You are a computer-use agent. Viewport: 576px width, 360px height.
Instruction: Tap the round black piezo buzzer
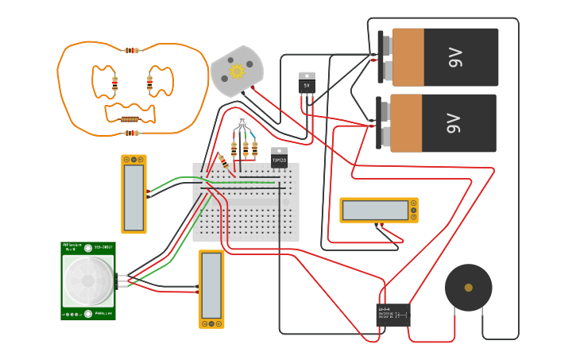coord(468,288)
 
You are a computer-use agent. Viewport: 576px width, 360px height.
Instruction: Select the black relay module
coord(393,314)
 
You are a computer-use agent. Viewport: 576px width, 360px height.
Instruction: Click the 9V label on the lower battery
coord(454,123)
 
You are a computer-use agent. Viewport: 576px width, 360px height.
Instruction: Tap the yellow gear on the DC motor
coord(237,71)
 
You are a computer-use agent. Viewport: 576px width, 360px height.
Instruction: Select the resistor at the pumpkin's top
coord(132,50)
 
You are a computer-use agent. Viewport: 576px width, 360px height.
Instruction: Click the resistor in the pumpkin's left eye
coord(115,83)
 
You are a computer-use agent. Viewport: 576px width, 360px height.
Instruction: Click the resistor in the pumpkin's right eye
coord(149,83)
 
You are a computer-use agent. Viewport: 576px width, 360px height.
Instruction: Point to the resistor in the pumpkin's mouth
coord(131,119)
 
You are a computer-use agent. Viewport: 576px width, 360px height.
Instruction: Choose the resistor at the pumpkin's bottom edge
coord(132,133)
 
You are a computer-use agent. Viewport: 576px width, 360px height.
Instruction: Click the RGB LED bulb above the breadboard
coord(242,122)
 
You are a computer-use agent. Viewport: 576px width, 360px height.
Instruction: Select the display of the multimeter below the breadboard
coord(211,285)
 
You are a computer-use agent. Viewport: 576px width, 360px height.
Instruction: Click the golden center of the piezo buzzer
coord(468,288)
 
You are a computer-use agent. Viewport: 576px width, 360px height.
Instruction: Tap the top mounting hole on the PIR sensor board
coord(87,248)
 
